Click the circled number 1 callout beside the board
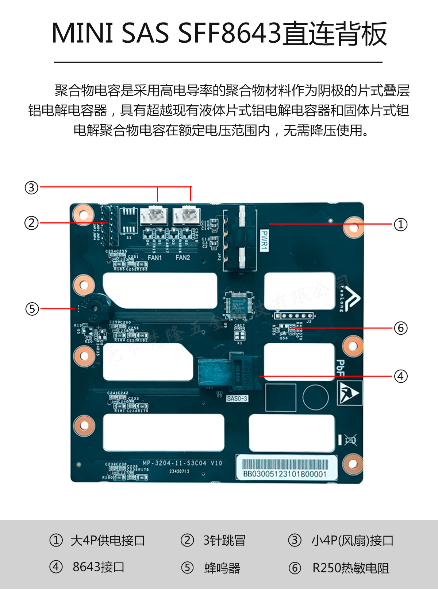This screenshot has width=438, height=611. [x=400, y=224]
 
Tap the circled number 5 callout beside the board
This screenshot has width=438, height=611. [x=32, y=309]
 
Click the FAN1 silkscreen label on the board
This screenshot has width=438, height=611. [x=154, y=258]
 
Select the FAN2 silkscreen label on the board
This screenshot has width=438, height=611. [x=182, y=258]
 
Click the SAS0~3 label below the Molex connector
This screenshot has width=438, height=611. [x=237, y=398]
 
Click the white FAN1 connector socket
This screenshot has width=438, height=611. [x=154, y=216]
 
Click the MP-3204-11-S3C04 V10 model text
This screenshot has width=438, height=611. [x=182, y=463]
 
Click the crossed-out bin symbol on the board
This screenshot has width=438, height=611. [x=350, y=440]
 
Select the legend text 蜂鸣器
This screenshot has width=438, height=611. [x=222, y=568]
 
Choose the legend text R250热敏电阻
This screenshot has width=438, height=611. [x=351, y=568]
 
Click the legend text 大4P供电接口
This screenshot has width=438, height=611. [x=108, y=540]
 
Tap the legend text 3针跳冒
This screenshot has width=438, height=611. [x=224, y=540]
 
